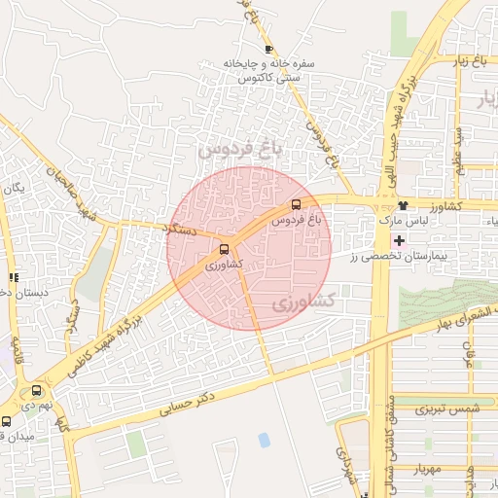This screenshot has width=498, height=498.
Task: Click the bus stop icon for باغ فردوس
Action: click(296, 204)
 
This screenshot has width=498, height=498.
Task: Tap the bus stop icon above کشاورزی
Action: click(225, 249)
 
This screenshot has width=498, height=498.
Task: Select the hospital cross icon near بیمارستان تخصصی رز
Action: click(400, 239)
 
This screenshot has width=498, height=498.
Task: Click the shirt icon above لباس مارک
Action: click(403, 206)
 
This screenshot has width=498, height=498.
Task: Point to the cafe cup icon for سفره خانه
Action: click(268, 49)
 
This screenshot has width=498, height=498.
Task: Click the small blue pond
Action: click(265, 440)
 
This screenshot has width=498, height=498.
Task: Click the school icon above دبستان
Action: click(13, 277)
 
